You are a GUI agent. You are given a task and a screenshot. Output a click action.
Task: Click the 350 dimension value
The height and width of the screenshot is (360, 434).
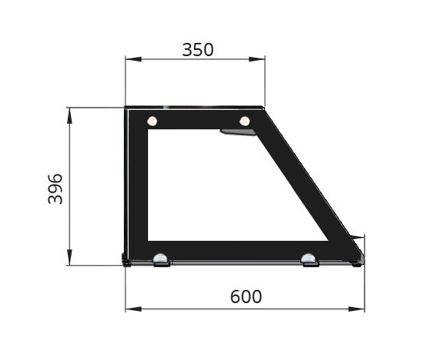pyautogui.click(x=197, y=50)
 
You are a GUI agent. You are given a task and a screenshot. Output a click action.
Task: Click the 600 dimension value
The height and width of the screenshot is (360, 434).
pyautogui.click(x=245, y=297)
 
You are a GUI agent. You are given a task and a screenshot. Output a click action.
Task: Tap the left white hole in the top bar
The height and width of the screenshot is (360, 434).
pyautogui.click(x=152, y=121)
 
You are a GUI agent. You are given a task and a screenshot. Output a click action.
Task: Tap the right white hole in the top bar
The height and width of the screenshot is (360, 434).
pyautogui.click(x=245, y=121)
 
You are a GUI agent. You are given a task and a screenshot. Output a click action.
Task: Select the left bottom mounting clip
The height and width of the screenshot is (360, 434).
pyautogui.click(x=161, y=259)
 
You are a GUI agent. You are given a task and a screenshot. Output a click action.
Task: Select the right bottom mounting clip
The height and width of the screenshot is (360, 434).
pyautogui.click(x=309, y=259)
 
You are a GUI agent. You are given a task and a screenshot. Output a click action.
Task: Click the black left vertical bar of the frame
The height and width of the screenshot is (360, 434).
pyautogui.click(x=137, y=187)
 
